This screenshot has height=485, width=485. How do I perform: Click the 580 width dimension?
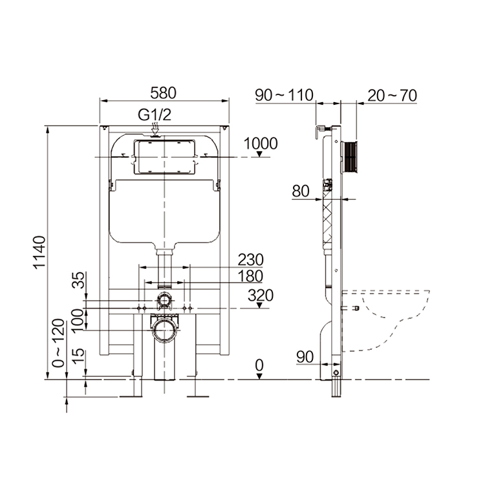click(x=164, y=92)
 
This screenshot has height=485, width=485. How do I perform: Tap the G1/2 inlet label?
click(x=154, y=115)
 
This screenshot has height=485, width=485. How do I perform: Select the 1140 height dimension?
click(x=39, y=253)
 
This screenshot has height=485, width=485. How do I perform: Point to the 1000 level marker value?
click(x=261, y=144)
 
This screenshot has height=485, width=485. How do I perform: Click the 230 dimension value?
click(x=250, y=259)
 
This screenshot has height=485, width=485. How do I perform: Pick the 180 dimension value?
click(x=250, y=276)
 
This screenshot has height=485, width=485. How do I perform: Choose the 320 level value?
click(x=261, y=296)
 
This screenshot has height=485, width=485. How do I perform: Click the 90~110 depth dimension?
click(x=284, y=95)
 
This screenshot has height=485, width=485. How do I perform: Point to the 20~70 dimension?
click(x=392, y=95)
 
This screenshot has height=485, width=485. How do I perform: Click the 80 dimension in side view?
click(x=301, y=191)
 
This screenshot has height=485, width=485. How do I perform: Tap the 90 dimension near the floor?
click(x=305, y=356)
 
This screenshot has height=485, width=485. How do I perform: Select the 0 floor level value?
click(x=259, y=366)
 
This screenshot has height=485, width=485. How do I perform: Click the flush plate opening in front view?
click(x=164, y=157)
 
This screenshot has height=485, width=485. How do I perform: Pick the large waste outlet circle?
click(x=164, y=330)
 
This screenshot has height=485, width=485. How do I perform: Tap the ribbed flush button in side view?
click(x=349, y=157)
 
